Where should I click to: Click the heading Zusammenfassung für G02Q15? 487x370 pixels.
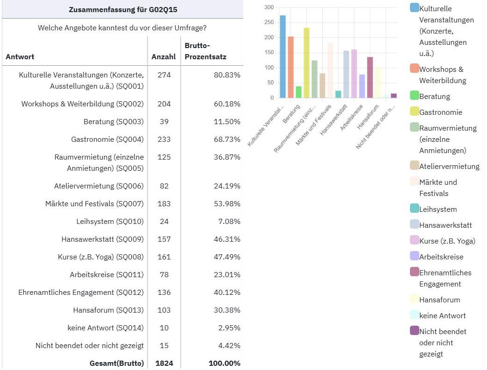pyautogui.click(x=123, y=9)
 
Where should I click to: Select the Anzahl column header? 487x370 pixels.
pyautogui.click(x=163, y=57)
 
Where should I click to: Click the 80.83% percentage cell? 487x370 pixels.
pyautogui.click(x=226, y=75)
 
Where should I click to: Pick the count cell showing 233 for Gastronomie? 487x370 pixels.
pyautogui.click(x=164, y=139)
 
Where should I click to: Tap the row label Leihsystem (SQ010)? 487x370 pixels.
pyautogui.click(x=110, y=221)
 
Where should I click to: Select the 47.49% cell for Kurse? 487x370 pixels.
pyautogui.click(x=226, y=257)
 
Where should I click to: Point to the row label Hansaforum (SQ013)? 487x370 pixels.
pyautogui.click(x=108, y=310)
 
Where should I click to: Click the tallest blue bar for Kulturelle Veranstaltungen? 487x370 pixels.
pyautogui.click(x=282, y=56)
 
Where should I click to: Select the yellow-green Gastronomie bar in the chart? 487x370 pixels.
pyautogui.click(x=306, y=63)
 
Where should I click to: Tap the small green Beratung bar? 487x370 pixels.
pyautogui.click(x=298, y=92)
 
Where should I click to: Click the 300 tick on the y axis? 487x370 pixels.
pyautogui.click(x=268, y=7)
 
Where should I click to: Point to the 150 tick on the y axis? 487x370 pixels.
pyautogui.click(x=268, y=53)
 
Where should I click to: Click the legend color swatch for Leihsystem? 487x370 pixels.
pyautogui.click(x=414, y=209)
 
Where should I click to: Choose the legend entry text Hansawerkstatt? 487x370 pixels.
pyautogui.click(x=445, y=225)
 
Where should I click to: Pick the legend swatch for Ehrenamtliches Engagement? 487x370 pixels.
pyautogui.click(x=414, y=272)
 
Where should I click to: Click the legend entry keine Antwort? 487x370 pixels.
pyautogui.click(x=442, y=315)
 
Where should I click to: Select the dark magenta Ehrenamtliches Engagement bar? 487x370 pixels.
pyautogui.click(x=370, y=77)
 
